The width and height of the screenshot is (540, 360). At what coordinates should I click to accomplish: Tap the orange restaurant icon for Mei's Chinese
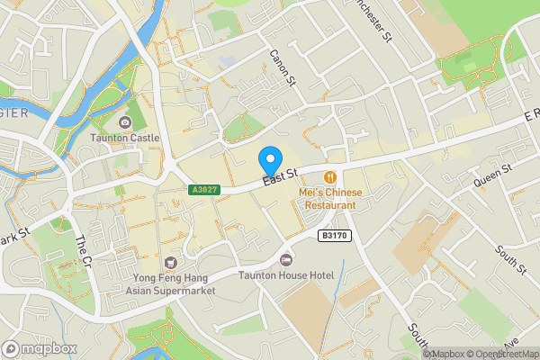[x=331, y=177]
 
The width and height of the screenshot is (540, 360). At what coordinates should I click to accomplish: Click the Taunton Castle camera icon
[x=124, y=121]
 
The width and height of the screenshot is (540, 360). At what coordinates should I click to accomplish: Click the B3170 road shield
[x=334, y=235]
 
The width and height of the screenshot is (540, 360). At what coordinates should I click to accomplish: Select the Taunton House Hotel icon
[x=287, y=259]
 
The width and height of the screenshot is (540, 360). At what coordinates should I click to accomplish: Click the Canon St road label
[x=282, y=68]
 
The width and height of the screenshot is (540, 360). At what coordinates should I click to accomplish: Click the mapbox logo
[x=40, y=348]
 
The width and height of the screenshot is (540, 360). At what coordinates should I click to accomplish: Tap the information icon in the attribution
[x=428, y=354]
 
